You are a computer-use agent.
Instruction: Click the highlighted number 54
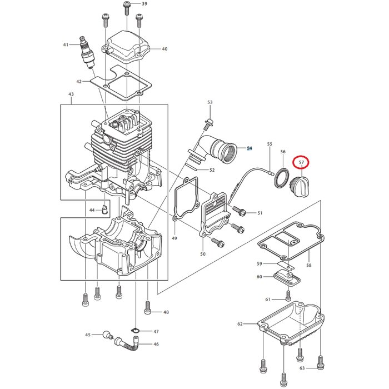point(250,148)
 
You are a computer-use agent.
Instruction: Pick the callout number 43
point(71,94)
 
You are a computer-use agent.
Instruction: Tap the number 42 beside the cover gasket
point(79,82)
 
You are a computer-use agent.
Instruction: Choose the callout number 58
point(308,266)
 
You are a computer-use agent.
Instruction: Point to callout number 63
point(302,368)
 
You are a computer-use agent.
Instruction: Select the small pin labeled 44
point(105,210)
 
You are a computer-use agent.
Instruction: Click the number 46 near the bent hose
point(156,345)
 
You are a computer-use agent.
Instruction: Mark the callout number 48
point(166,312)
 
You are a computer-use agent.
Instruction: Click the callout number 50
point(202,254)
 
